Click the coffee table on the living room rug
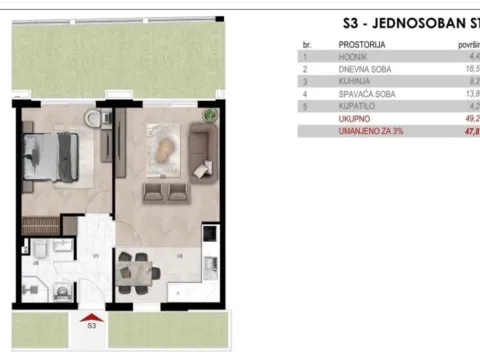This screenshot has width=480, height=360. click(159, 149)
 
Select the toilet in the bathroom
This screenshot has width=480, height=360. click(63, 293)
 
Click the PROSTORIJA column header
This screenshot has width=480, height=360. click(363, 44)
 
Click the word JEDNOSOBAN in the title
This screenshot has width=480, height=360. click(410, 21)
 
